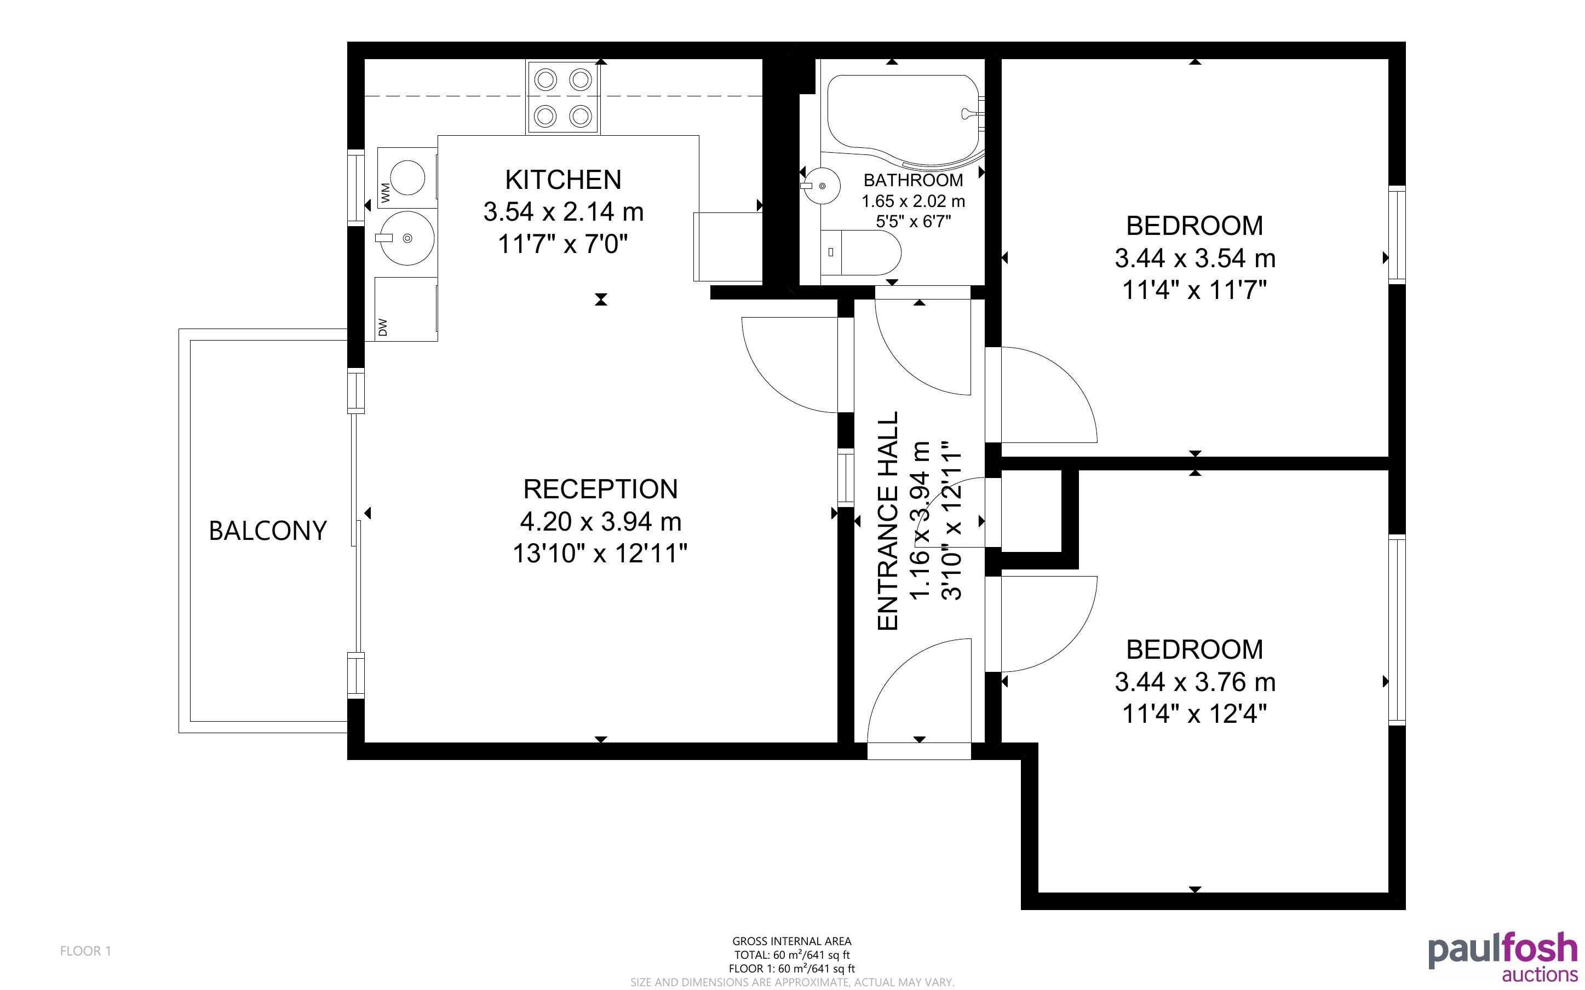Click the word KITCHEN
[x=563, y=180]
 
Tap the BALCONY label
[x=268, y=531]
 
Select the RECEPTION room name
[x=600, y=489]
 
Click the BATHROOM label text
[x=914, y=180]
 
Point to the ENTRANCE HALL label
[x=888, y=521]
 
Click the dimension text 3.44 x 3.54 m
[x=1196, y=258]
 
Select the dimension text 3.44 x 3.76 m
[x=1196, y=682]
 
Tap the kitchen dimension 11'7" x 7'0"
[x=563, y=244]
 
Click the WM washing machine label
[x=385, y=193]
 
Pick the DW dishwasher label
[x=383, y=327]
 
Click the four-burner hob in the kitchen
[x=563, y=97]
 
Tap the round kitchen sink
[x=407, y=238]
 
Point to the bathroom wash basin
[x=820, y=186]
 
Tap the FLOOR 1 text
[x=86, y=951]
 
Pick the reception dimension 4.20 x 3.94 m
[x=600, y=522]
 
